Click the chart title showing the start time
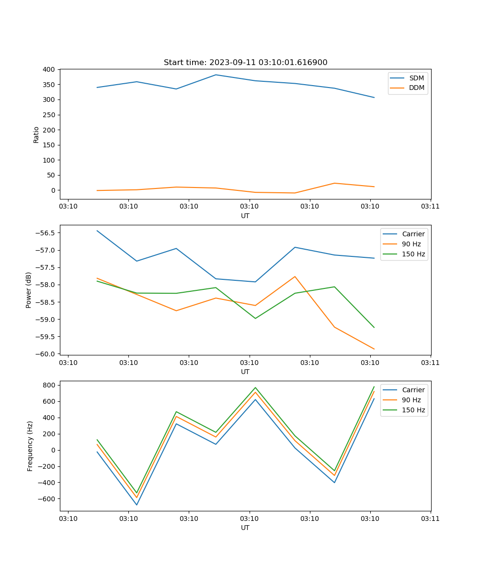(245, 63)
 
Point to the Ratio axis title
(36, 134)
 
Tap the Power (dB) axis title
(29, 290)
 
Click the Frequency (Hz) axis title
(30, 446)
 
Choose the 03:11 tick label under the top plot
(430, 207)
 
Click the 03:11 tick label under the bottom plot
(430, 519)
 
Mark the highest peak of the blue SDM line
(216, 75)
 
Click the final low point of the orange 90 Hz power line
(374, 349)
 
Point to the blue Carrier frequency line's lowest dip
(137, 505)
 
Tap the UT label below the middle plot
(245, 372)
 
